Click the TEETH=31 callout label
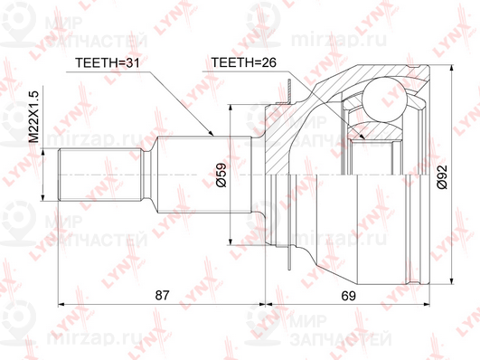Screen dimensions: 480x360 pos(108,62)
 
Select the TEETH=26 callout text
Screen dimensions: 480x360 pos(244,62)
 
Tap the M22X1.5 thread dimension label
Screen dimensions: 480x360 pos(34,117)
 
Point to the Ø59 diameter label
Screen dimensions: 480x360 pos(221,175)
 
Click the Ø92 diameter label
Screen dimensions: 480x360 pos(442,177)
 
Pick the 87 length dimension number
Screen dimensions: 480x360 pos(162,296)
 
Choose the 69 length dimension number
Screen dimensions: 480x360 pos(349,296)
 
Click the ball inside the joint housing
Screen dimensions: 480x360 pos(384,99)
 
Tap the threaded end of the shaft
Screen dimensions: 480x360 pos(99,175)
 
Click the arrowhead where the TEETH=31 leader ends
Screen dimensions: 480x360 pos(211,133)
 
